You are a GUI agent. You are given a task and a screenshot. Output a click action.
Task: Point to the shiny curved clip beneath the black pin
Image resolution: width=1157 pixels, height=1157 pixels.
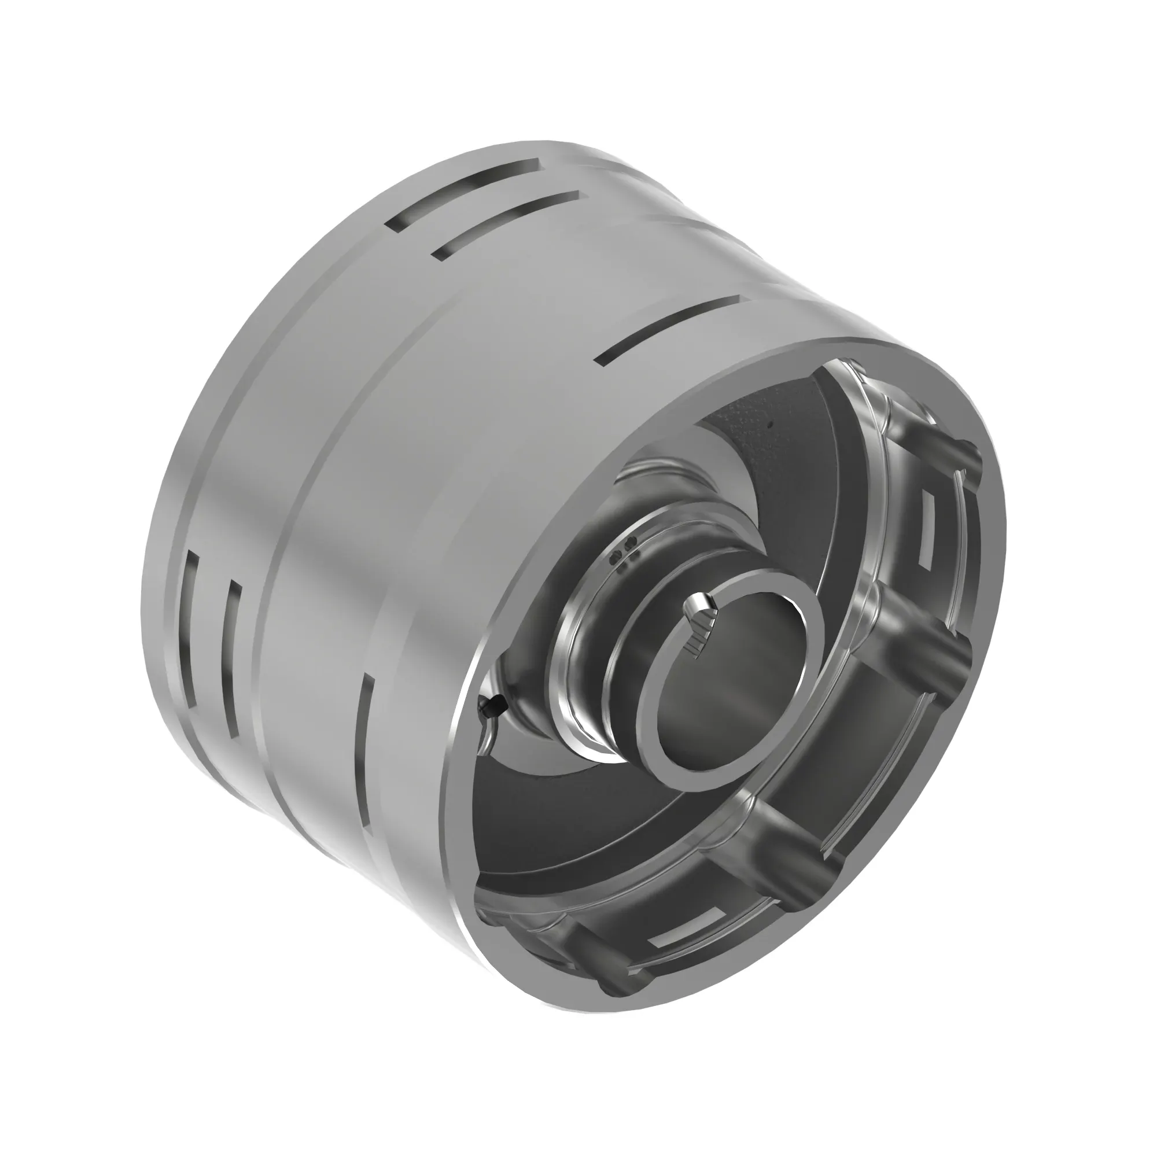[488, 739]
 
